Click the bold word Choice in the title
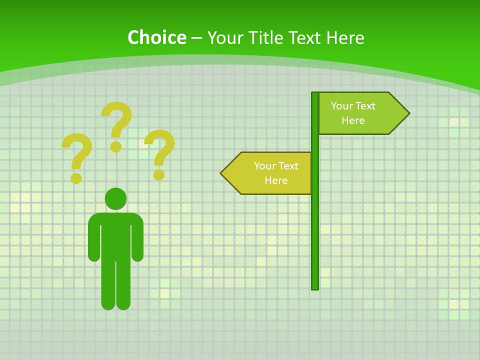[156, 37]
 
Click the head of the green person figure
[115, 198]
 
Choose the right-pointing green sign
[360, 113]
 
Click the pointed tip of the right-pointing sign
[407, 113]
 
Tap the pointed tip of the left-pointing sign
[223, 173]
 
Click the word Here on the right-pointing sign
[353, 120]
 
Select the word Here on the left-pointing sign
[276, 180]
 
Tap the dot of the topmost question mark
[116, 146]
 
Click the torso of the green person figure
[115, 235]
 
